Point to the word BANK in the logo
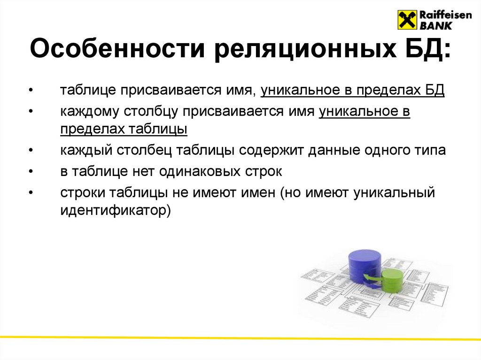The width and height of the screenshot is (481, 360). coord(434,26)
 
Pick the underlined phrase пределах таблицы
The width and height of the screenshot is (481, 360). coord(124,129)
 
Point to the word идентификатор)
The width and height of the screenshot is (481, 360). coord(115,210)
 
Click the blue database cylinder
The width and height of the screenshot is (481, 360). coord(365,265)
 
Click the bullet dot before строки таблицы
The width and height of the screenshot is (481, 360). coord(31,193)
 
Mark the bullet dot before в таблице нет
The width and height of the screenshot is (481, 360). coord(31,172)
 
